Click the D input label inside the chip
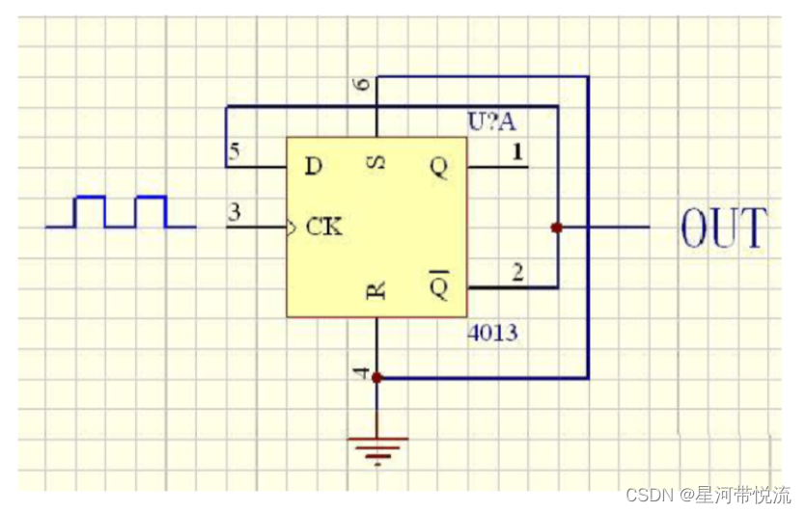[313, 167]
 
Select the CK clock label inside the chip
[324, 229]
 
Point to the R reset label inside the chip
[377, 290]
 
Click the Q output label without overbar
[439, 167]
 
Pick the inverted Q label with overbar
[439, 285]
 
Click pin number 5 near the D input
[233, 152]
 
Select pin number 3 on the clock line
[233, 213]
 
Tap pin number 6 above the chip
[362, 85]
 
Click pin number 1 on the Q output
[517, 151]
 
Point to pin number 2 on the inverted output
[517, 273]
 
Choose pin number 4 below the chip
[362, 371]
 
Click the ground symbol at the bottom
[377, 445]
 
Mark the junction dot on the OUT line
[556, 228]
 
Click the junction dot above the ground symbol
[377, 378]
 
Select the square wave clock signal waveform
[121, 212]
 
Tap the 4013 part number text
[492, 334]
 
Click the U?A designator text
[492, 121]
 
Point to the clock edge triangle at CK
[292, 229]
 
